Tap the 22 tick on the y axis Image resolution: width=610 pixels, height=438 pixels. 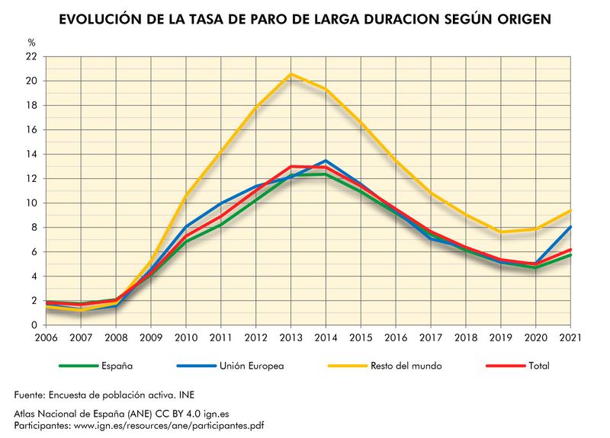click(x=31, y=56)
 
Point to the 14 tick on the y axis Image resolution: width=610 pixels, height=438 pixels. click(x=31, y=154)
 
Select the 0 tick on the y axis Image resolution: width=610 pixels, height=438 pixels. click(x=34, y=325)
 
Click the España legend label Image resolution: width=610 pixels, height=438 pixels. click(x=116, y=366)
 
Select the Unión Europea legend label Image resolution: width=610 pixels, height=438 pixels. click(x=252, y=366)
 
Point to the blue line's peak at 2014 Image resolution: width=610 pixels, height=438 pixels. click(x=326, y=161)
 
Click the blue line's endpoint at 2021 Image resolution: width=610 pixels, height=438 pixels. click(x=570, y=226)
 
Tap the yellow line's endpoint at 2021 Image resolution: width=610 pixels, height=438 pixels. click(x=570, y=210)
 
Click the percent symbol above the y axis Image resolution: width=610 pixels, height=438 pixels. click(x=31, y=43)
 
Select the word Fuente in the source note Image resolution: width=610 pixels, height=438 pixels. click(x=31, y=395)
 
